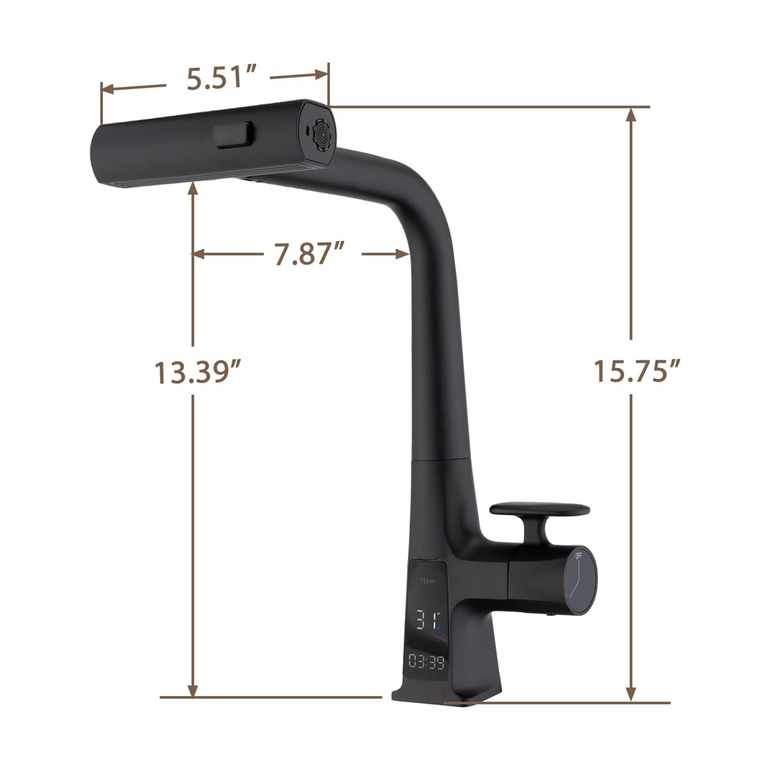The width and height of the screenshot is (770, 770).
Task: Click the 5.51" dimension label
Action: [222, 77]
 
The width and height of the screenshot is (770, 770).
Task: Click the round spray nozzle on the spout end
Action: [322, 135]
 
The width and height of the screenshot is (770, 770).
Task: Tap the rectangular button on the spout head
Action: [233, 135]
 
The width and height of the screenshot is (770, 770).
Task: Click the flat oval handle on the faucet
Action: [539, 509]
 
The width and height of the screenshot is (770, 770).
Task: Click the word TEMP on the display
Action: [427, 581]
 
